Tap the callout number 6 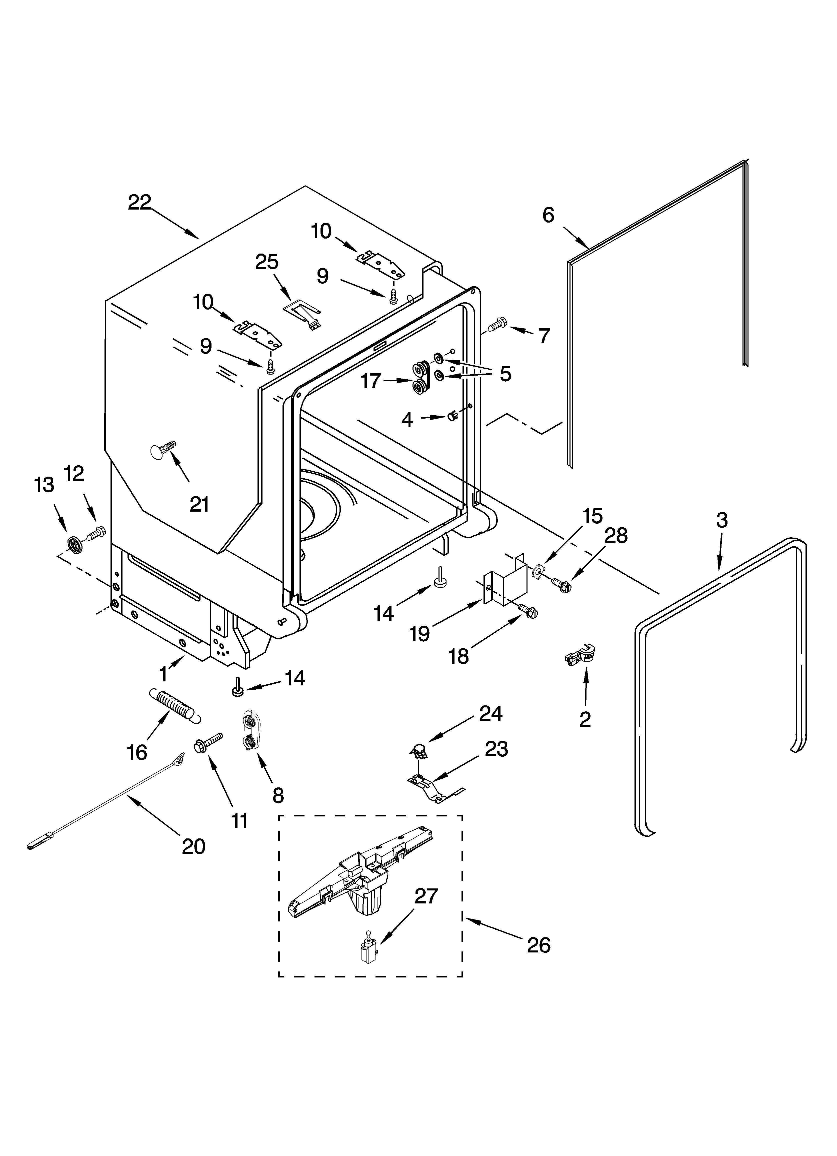[548, 215]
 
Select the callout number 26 [539, 945]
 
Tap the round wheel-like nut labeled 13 [74, 545]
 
